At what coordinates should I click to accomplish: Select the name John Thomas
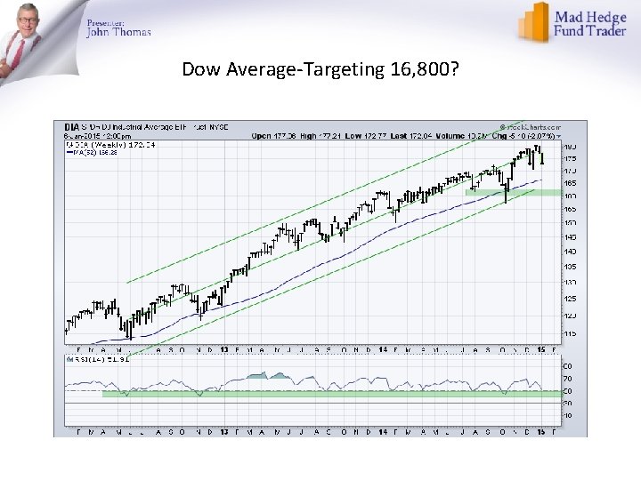[118, 32]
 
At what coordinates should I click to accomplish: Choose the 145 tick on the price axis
[569, 236]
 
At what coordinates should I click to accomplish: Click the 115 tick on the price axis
[569, 332]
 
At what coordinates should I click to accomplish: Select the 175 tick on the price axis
[569, 157]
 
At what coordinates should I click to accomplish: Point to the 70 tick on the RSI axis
[567, 379]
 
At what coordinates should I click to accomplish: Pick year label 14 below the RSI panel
[382, 431]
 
